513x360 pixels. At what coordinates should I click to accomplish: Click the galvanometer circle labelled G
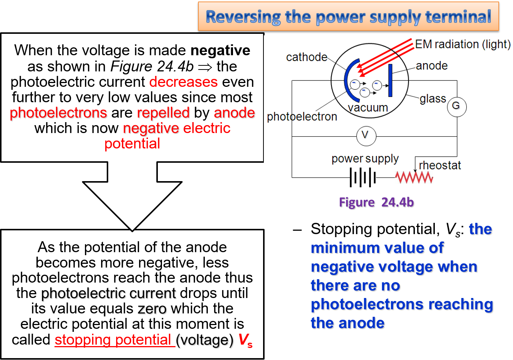tap(457, 106)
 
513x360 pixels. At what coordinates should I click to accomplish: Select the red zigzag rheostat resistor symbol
tap(414, 177)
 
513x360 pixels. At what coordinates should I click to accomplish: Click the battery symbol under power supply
tap(363, 177)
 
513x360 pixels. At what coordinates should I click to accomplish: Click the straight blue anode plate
tap(390, 80)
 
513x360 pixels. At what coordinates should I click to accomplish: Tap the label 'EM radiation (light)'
tap(463, 44)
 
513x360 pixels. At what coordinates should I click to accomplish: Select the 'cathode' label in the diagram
tap(307, 57)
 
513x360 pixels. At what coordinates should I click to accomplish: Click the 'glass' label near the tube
tap(433, 99)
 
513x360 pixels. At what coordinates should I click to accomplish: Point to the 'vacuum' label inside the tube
tap(368, 108)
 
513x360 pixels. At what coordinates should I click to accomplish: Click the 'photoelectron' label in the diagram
tap(302, 117)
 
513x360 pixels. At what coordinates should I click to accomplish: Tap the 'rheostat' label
tap(440, 165)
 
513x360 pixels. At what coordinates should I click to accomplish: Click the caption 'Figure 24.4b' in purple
tap(377, 203)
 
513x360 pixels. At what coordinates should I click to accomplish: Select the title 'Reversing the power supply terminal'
tap(348, 17)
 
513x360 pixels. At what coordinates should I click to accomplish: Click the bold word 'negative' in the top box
tap(220, 50)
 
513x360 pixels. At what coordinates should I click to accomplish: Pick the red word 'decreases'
tap(183, 82)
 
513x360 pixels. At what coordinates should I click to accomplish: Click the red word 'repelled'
tap(163, 113)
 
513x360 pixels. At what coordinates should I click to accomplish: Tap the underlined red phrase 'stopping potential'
tap(113, 340)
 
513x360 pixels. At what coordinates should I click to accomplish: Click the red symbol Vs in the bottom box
tap(245, 340)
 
